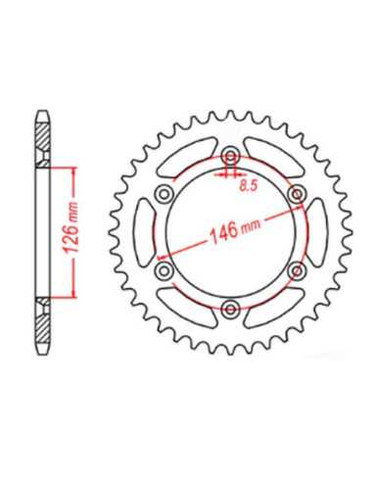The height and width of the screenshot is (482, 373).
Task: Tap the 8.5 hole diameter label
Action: (249, 185)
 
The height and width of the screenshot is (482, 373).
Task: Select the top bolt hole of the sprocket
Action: (231, 157)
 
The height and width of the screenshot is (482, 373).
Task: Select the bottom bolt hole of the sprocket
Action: (231, 309)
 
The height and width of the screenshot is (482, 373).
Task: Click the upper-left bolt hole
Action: (163, 195)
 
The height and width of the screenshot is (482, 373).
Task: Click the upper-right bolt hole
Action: (297, 195)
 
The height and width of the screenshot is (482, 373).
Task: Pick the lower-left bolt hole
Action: (164, 270)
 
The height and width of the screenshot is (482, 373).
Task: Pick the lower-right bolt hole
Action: (297, 270)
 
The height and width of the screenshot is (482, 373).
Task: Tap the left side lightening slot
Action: (145, 233)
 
